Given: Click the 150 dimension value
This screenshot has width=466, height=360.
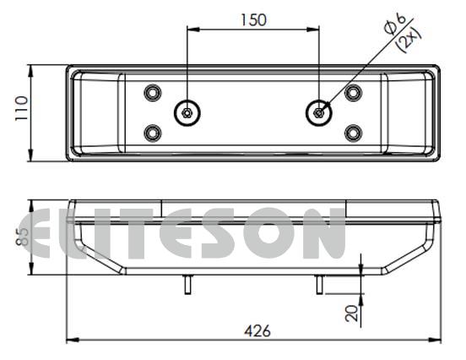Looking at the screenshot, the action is click(x=253, y=20).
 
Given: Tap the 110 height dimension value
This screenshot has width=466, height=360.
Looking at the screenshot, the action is click(x=22, y=107).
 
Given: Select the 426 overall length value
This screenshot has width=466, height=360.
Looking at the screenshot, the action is click(x=257, y=330).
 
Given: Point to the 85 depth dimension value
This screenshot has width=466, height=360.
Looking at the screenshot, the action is click(x=22, y=237).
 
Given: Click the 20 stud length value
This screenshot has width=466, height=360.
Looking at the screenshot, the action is click(x=352, y=313).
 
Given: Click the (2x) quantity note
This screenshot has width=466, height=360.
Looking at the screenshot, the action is click(x=410, y=41).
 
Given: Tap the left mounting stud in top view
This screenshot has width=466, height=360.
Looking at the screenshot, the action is click(x=187, y=113).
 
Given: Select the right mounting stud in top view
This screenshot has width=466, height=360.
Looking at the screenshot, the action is click(x=319, y=113).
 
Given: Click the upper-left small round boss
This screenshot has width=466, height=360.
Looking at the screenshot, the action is click(x=153, y=93).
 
